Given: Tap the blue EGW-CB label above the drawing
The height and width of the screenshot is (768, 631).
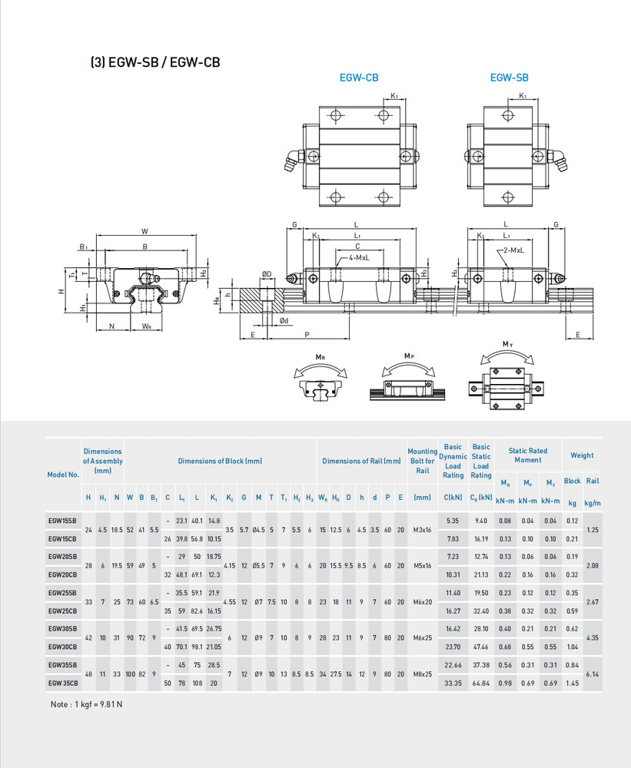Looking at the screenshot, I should pyautogui.click(x=359, y=78).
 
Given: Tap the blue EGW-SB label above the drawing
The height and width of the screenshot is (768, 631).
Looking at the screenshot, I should pyautogui.click(x=509, y=78).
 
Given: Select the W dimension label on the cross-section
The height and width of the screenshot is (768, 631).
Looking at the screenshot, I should pyautogui.click(x=144, y=231).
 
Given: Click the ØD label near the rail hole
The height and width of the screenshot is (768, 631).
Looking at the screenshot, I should pyautogui.click(x=267, y=274).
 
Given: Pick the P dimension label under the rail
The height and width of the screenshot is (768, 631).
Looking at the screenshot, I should pyautogui.click(x=307, y=336).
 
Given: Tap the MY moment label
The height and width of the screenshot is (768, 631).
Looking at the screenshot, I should pyautogui.click(x=508, y=343).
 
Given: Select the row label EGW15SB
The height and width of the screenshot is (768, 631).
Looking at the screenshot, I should pyautogui.click(x=62, y=521).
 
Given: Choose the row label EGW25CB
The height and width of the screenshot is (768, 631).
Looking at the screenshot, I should pyautogui.click(x=62, y=611).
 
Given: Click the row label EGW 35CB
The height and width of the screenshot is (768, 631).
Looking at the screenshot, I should pyautogui.click(x=62, y=682).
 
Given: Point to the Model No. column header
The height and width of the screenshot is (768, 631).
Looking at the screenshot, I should pyautogui.click(x=63, y=475).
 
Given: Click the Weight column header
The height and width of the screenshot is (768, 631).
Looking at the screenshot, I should pyautogui.click(x=582, y=455).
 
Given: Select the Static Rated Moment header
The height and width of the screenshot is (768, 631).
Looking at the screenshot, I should pyautogui.click(x=527, y=455).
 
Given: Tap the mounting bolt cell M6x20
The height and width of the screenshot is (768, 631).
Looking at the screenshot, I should pyautogui.click(x=422, y=602).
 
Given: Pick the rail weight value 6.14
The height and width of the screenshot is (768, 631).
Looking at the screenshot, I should pyautogui.click(x=593, y=674).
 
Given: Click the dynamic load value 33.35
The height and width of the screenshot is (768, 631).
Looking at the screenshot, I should pyautogui.click(x=453, y=682).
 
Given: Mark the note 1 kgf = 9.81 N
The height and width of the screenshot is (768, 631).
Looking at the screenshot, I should pyautogui.click(x=87, y=704).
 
